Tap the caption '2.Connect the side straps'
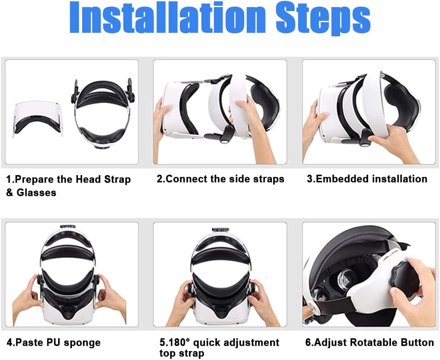pos(220,179)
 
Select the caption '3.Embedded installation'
pos(367,179)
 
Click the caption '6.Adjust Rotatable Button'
pos(369,342)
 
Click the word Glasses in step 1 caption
pos(36,192)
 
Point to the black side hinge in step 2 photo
pos(227,133)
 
